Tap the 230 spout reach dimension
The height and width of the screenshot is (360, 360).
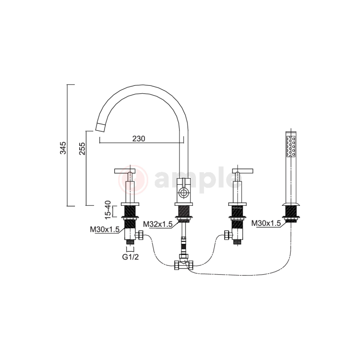138,139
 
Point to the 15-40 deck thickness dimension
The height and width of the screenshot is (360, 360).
108,210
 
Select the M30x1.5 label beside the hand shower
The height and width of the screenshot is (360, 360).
266,224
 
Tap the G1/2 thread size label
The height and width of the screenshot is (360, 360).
130,257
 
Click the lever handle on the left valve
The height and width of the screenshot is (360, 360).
125,171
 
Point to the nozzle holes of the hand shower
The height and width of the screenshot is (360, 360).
291,146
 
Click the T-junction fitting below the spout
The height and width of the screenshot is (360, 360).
183,265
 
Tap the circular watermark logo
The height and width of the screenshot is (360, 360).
134,180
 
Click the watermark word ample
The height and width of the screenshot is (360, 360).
192,180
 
